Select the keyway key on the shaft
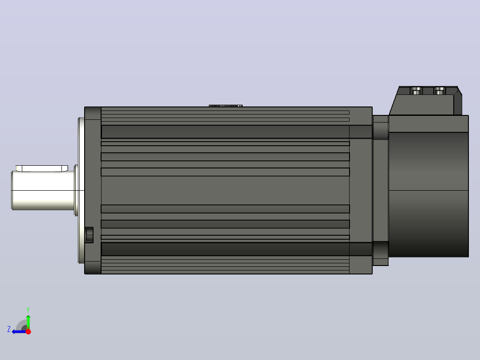(x=42, y=168)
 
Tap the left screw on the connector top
(x=416, y=91)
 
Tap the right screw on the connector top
(x=440, y=91)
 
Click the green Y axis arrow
(x=28, y=322)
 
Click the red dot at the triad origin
(x=28, y=331)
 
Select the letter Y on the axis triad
(x=28, y=310)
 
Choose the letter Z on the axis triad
(x=9, y=329)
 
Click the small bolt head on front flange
(x=89, y=235)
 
